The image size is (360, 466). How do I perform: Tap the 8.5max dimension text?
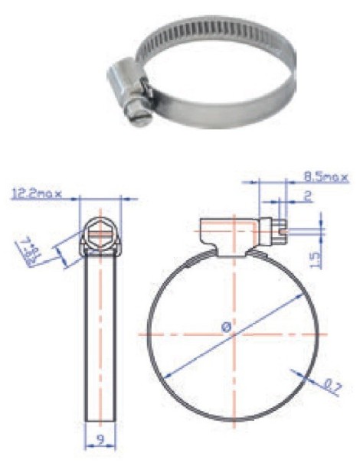(x=324, y=178)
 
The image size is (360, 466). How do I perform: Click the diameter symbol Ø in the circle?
(x=227, y=328)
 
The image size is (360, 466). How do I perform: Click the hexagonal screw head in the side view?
(x=100, y=228)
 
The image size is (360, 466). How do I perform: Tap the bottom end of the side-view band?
(x=100, y=419)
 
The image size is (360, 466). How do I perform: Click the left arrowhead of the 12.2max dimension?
(x=82, y=198)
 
